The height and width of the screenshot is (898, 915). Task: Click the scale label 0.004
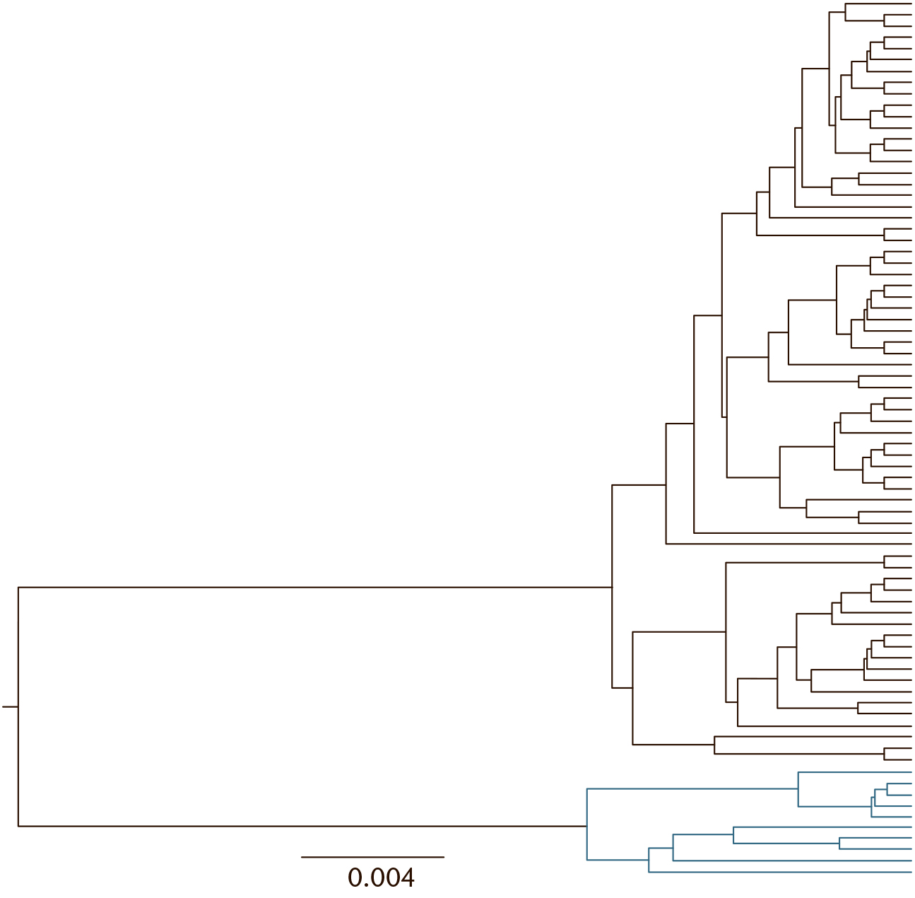click(381, 877)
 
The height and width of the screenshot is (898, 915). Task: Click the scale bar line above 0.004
click(373, 857)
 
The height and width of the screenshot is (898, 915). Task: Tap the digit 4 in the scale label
click(407, 877)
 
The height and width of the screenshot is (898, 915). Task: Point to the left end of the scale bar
click(302, 857)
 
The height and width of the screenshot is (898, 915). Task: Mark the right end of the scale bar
click(444, 857)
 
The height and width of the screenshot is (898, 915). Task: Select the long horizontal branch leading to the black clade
click(314, 587)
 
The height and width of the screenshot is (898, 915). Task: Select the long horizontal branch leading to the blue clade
click(302, 826)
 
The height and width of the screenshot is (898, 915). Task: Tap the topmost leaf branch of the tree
click(879, 4)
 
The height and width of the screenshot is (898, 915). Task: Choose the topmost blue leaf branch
click(855, 772)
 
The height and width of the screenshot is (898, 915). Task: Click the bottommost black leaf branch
click(897, 759)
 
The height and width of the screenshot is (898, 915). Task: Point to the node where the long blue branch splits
click(587, 826)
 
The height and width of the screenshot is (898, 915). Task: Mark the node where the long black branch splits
click(612, 587)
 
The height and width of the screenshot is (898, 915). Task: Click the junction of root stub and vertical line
click(18, 706)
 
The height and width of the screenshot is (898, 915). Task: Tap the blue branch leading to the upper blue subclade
click(692, 788)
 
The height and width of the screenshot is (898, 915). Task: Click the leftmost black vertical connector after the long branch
click(612, 636)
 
